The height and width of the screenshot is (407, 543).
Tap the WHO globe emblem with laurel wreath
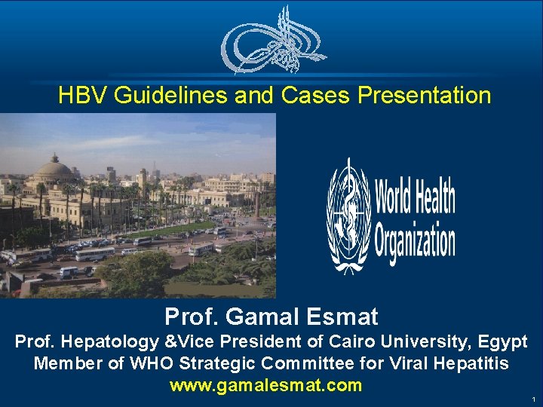[348, 214]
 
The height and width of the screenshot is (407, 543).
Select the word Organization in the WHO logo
[416, 243]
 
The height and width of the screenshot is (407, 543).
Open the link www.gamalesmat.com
[266, 386]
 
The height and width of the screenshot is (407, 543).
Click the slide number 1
[533, 399]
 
